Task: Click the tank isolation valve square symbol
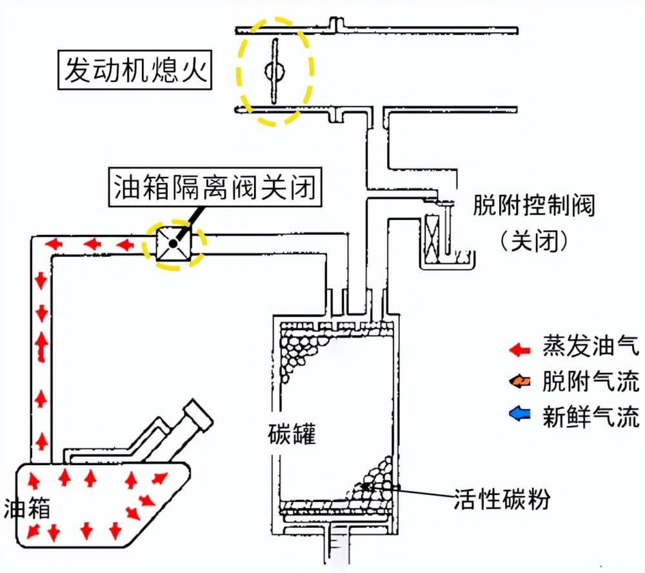click(x=172, y=245)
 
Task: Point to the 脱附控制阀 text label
click(x=533, y=207)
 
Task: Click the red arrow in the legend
click(x=519, y=349)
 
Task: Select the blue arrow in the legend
click(x=519, y=416)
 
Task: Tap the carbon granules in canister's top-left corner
click(x=300, y=352)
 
